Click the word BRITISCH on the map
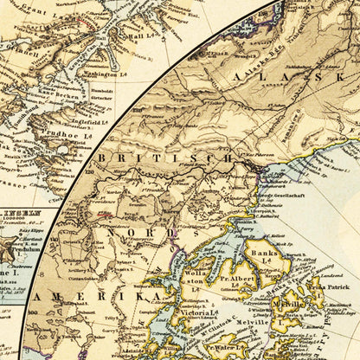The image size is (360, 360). [164, 158]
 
